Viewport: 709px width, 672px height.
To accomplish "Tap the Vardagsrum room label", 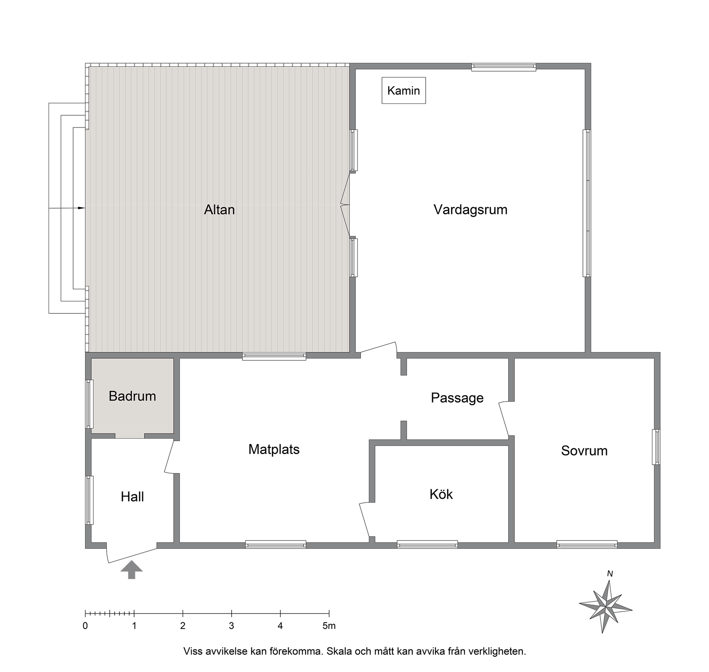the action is coord(470,210).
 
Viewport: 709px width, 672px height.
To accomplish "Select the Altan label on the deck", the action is coord(219,210).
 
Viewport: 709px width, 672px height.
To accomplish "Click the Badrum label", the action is coord(132,396).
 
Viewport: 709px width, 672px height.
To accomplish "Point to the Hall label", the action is coord(132,497).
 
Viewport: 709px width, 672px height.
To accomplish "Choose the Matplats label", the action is coord(274,450).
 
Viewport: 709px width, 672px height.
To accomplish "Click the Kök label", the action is coord(441,494).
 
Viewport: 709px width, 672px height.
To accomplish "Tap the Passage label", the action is coord(457,398).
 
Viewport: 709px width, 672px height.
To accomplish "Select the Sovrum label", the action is coord(584,451).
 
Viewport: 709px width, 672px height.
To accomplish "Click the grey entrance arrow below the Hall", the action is coord(132,569).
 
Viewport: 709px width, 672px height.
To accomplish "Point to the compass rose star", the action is coord(606,607).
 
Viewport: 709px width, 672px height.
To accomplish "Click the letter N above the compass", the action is coord(610,574).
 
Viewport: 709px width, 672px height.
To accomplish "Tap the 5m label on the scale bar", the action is coord(329,626).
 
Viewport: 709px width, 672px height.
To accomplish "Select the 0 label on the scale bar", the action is coord(85,626).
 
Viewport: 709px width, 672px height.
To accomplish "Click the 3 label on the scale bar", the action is coord(231,626).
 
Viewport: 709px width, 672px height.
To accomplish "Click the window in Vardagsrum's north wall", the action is coord(503,67).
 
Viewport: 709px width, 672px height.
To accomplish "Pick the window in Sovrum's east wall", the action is coord(656,447).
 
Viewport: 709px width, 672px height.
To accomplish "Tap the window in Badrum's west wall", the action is coord(89,404).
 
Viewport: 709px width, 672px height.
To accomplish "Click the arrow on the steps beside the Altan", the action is coord(67,208).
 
